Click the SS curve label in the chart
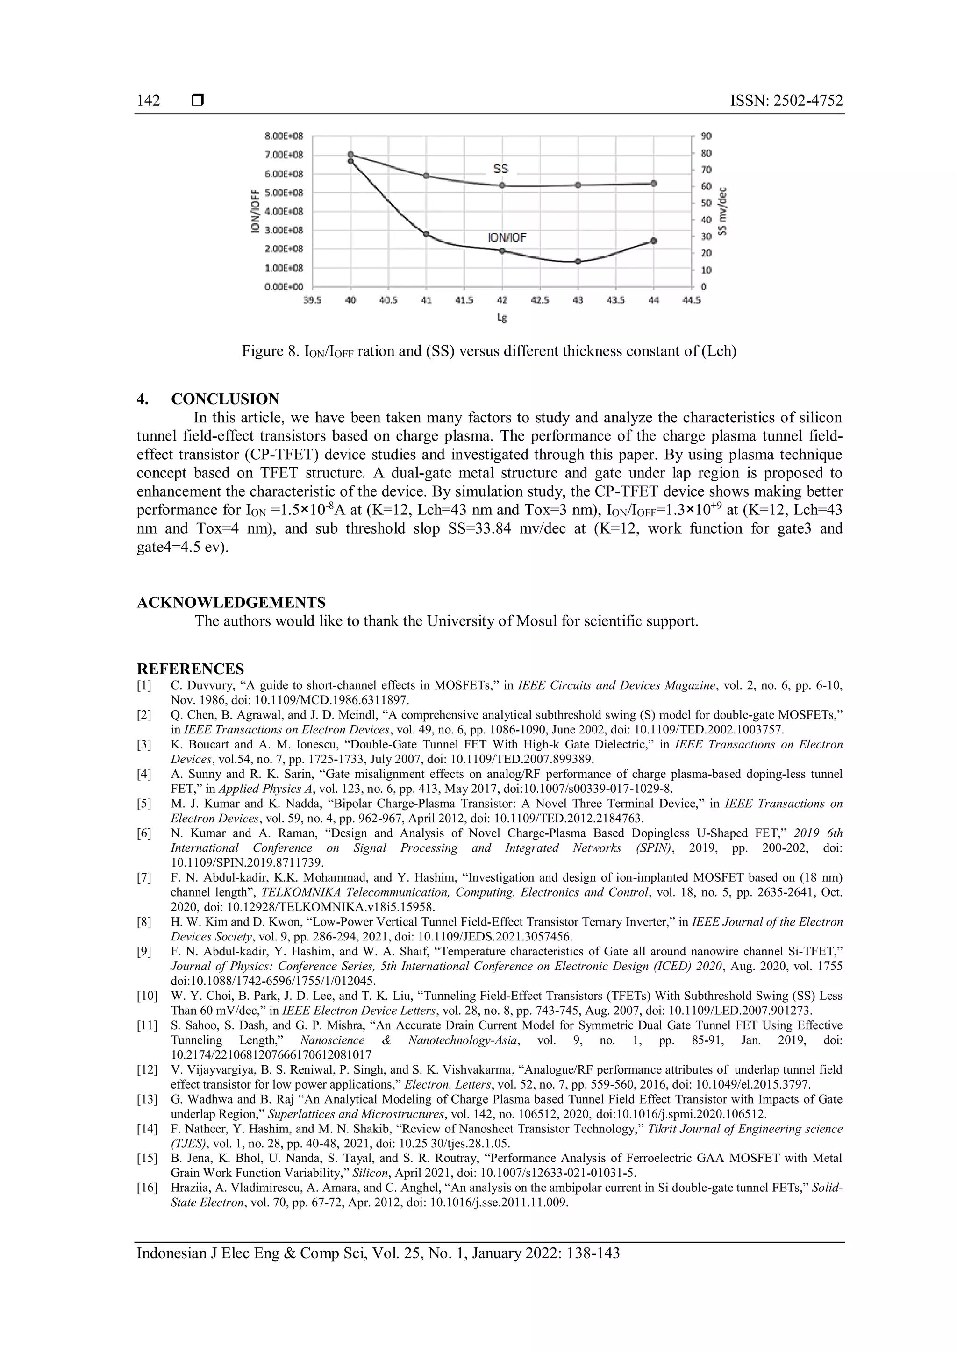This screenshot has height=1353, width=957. click(500, 169)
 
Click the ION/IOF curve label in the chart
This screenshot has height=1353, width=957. click(507, 237)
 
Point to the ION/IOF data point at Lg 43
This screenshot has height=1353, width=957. click(578, 262)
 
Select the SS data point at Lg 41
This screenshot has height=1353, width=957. click(426, 176)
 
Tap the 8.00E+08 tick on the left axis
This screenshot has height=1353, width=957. click(284, 136)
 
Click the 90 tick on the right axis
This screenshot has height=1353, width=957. click(706, 136)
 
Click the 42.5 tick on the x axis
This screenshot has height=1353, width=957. click(540, 300)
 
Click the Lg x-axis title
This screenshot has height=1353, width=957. click(501, 318)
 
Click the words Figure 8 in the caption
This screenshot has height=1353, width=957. click(270, 352)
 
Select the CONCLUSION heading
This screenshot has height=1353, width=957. click(225, 399)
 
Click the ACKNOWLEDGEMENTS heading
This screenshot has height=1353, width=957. click(231, 602)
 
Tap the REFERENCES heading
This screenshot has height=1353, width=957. click(190, 669)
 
